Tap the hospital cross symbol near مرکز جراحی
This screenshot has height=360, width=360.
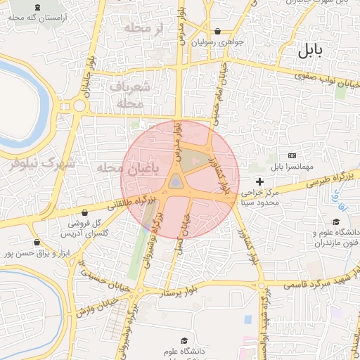pyautogui.click(x=259, y=181)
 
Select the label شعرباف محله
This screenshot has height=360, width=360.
pyautogui.click(x=130, y=94)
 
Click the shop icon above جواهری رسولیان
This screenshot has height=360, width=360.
pyautogui.click(x=217, y=31)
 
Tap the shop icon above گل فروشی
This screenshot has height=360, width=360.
pyautogui.click(x=85, y=212)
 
